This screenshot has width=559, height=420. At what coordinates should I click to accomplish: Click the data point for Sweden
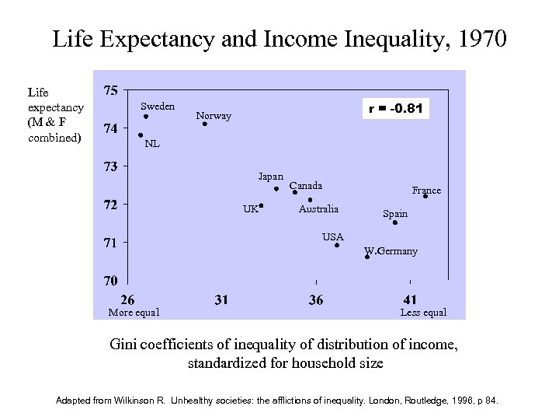tap(146, 117)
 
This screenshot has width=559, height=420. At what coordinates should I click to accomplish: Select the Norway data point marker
tap(205, 124)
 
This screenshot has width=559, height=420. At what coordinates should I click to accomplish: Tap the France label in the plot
tap(426, 190)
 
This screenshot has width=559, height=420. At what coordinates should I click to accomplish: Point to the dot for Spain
tap(395, 222)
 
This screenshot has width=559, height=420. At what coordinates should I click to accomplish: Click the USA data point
tap(337, 245)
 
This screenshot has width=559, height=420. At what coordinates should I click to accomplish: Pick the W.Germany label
tap(391, 251)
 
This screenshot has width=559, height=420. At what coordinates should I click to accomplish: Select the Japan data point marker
tap(276, 188)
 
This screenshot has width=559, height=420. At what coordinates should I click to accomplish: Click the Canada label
tap(306, 186)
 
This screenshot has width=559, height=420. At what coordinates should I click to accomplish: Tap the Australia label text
tap(318, 208)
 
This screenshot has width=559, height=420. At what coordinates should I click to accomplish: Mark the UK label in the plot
tap(250, 208)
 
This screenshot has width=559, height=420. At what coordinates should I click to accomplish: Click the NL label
tap(152, 144)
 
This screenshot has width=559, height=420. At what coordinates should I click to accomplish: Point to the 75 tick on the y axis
tap(111, 90)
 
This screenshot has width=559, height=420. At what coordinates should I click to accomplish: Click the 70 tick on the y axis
tap(111, 280)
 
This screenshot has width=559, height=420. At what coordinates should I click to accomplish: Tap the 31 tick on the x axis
tap(221, 299)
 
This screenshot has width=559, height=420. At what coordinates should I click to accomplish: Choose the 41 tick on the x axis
tap(411, 299)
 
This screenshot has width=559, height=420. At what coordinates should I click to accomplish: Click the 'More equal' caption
tap(134, 313)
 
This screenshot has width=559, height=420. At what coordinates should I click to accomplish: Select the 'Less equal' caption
tap(423, 313)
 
